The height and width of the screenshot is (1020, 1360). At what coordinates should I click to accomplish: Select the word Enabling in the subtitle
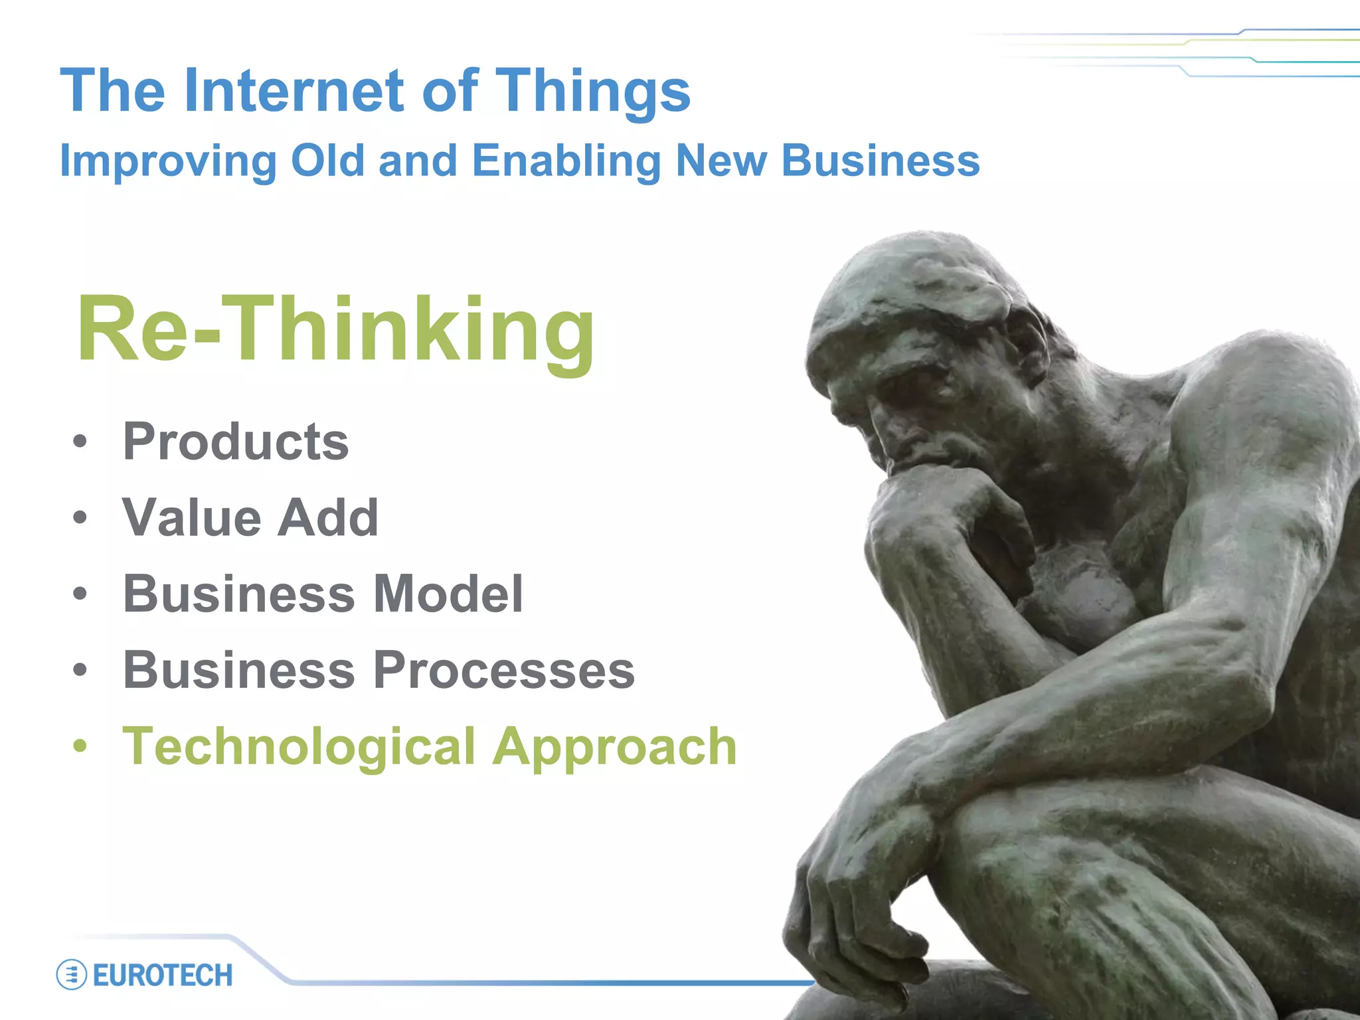coord(566,162)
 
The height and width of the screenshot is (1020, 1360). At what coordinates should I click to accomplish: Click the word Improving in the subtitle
coord(168,162)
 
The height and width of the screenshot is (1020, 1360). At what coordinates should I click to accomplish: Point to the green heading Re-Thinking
coord(335,330)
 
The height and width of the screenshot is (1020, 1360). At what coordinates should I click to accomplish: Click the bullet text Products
coord(236,442)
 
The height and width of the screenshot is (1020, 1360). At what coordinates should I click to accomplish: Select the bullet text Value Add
coord(250,517)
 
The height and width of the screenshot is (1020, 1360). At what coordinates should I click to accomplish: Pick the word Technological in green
coord(299,746)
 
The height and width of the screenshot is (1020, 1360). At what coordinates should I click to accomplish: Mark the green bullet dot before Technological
coord(80,746)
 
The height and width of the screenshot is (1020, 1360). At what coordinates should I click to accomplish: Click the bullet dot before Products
coord(80,442)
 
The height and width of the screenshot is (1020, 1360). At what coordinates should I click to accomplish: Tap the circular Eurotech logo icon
coord(72,975)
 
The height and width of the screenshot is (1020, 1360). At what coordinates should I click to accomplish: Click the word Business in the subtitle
coord(880,161)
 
